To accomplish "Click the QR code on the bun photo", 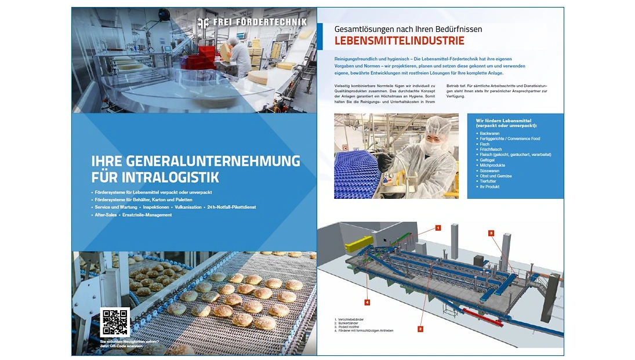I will coord(115,322).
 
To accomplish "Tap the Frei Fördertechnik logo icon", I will coord(203,23).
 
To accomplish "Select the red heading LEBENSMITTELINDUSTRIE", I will coord(400,41).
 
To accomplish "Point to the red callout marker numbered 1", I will coord(438,228).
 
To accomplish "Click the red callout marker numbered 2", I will coord(420,329).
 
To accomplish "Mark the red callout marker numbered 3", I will coord(491,233).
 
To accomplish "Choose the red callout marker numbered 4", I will coord(367,302).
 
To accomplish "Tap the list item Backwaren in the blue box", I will coord(489,133).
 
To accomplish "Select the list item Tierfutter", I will coord(488,181).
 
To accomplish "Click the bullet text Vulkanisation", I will coord(188,207).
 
